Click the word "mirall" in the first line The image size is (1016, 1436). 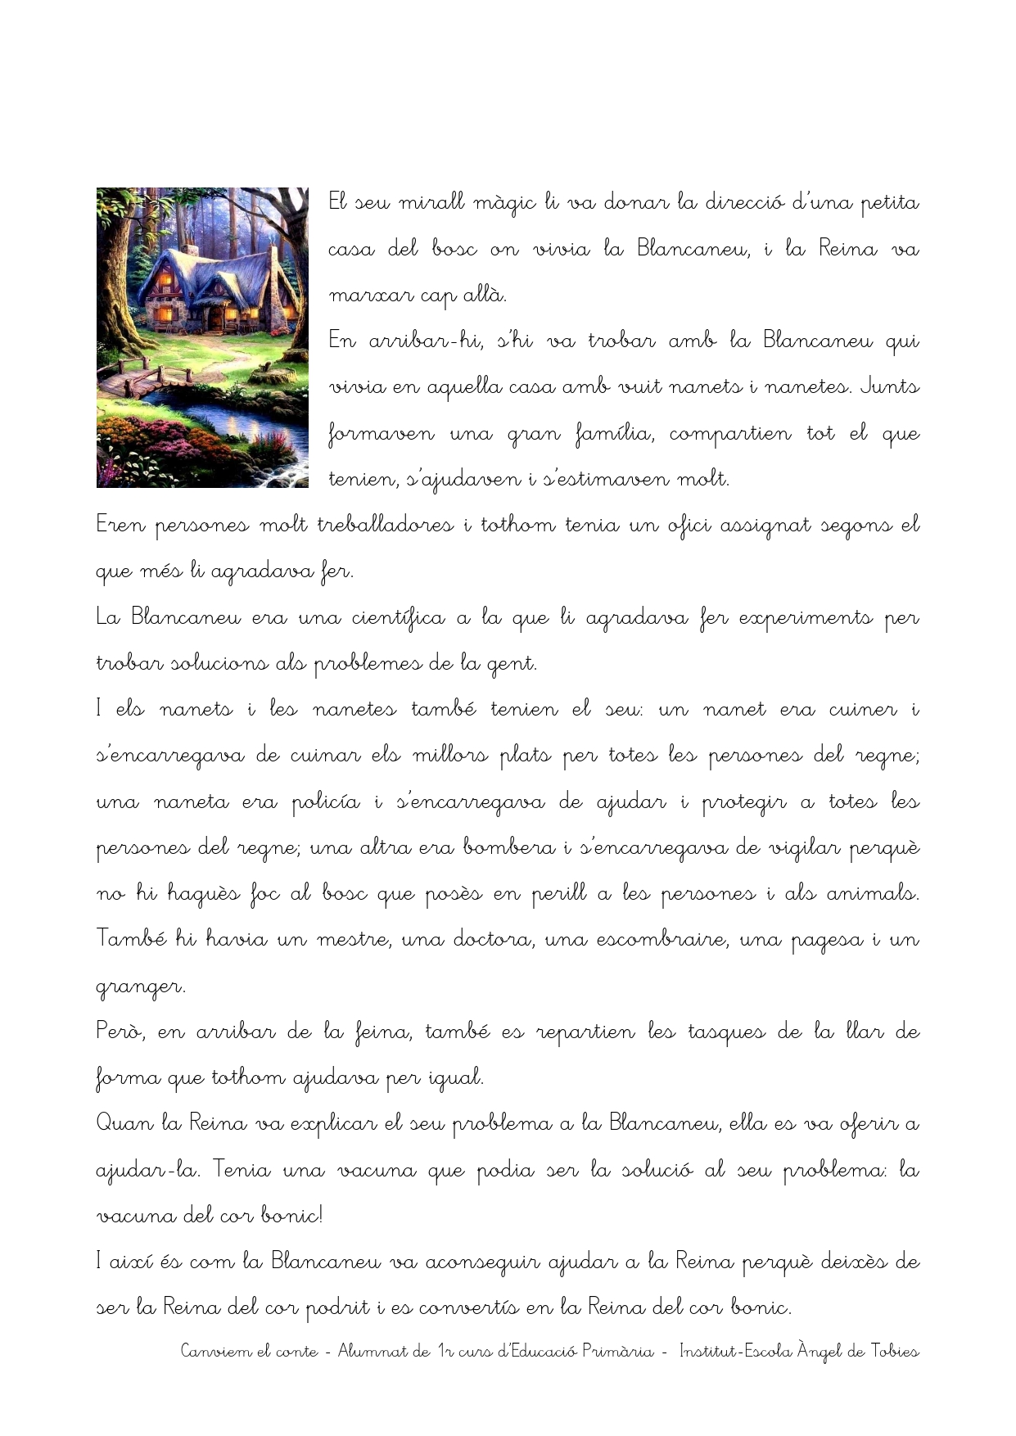pos(431,202)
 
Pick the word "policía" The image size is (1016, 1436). pos(326,803)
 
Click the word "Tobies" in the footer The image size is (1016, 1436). pos(895,1352)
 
